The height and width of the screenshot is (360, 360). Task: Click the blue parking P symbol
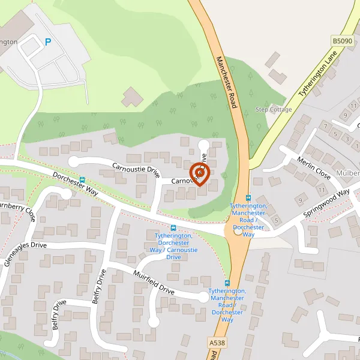[x=49, y=42]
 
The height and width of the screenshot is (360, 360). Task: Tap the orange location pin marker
[x=199, y=173]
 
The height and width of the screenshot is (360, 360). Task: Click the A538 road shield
[x=217, y=342]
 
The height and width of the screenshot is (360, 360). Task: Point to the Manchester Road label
[x=227, y=82]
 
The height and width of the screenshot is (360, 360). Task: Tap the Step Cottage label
[x=274, y=109]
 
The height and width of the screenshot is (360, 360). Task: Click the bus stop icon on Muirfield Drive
[x=227, y=283]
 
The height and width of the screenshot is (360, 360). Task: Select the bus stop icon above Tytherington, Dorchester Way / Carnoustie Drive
[x=173, y=228]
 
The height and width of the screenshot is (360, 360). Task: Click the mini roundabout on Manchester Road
[x=238, y=231]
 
